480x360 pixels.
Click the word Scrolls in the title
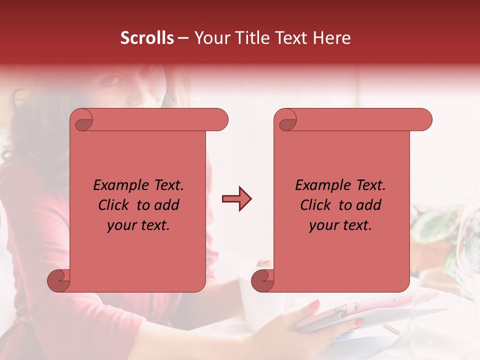[147, 38]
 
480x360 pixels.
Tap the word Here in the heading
[331, 38]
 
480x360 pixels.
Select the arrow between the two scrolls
[236, 199]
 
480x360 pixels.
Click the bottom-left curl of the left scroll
[58, 280]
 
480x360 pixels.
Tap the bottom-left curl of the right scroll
[262, 280]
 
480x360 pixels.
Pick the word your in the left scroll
[119, 225]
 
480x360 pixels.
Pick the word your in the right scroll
[321, 225]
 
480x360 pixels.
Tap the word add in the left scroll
[167, 205]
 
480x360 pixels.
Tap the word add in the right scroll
[369, 205]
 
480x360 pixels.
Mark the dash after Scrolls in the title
[183, 38]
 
